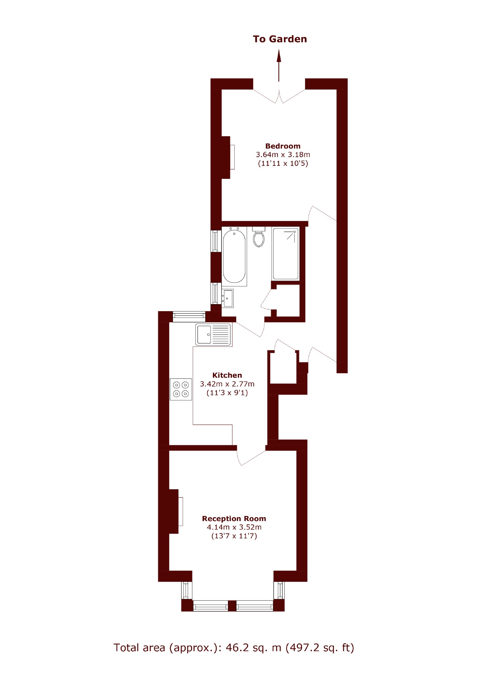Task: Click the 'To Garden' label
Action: pyautogui.click(x=280, y=39)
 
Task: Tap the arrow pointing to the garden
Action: pyautogui.click(x=279, y=65)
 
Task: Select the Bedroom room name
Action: pyautogui.click(x=283, y=146)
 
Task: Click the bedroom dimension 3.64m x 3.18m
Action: pyautogui.click(x=283, y=155)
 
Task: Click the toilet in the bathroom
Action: pyautogui.click(x=259, y=237)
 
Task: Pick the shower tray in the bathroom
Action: pyautogui.click(x=286, y=254)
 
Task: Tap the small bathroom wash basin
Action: pyautogui.click(x=228, y=298)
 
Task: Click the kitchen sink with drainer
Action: pyautogui.click(x=214, y=335)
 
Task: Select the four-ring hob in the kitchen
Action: pyautogui.click(x=181, y=389)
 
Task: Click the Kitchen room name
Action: pyautogui.click(x=227, y=375)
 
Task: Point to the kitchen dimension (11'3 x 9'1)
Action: pyautogui.click(x=227, y=393)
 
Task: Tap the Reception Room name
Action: pyautogui.click(x=234, y=518)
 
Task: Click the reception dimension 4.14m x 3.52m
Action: pyautogui.click(x=234, y=527)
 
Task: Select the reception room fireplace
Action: pyautogui.click(x=176, y=511)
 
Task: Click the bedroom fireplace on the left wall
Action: pyautogui.click(x=228, y=157)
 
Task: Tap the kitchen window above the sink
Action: pyautogui.click(x=189, y=317)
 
